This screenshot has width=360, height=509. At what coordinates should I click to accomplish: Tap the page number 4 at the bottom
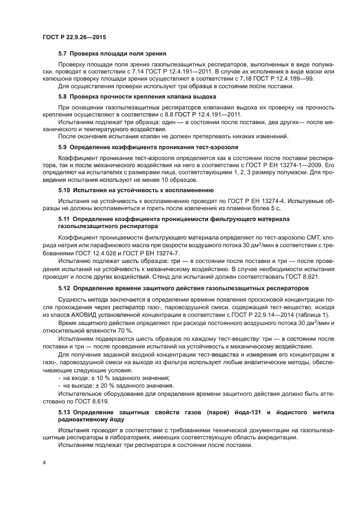[x=44, y=463]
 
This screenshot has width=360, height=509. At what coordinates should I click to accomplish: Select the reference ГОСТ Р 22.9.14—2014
[x=249, y=315]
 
